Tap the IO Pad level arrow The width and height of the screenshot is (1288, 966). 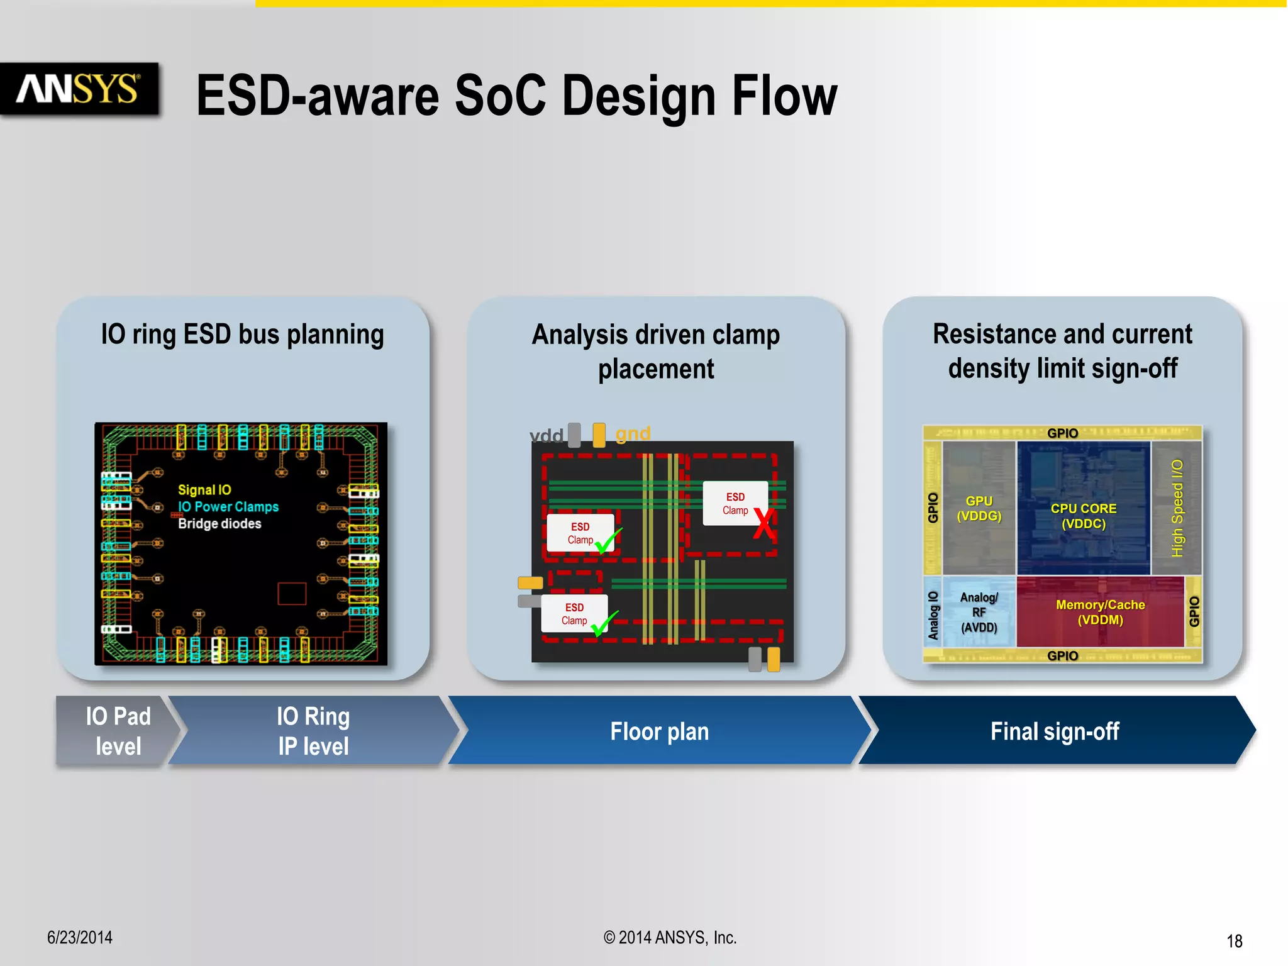(116, 731)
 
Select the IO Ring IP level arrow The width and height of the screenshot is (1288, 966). (313, 731)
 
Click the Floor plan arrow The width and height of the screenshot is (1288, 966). (659, 731)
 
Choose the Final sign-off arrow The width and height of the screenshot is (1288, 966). (1054, 731)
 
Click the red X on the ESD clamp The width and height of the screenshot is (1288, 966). (763, 523)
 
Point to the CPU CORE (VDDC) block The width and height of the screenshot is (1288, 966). (1083, 516)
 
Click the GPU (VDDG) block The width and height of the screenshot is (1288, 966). (979, 508)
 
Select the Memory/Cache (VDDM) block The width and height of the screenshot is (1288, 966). (1100, 612)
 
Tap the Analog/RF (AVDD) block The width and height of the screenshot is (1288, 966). (979, 612)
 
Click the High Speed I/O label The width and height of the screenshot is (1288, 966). (1177, 508)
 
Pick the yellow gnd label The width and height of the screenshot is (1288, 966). (632, 433)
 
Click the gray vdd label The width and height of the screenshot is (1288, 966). (546, 435)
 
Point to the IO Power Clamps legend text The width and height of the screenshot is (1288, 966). (228, 507)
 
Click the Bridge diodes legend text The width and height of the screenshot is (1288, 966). (219, 524)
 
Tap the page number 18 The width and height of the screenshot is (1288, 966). (1234, 941)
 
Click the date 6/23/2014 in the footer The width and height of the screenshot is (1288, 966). (80, 938)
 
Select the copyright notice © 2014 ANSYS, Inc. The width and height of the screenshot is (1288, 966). (670, 938)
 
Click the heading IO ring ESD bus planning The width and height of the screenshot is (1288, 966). (242, 334)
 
